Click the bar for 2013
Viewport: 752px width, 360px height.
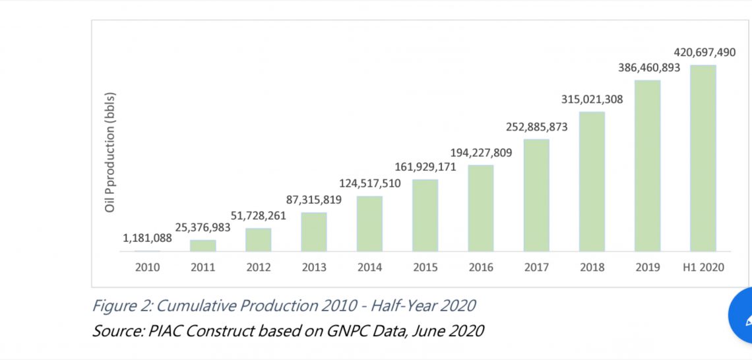(314, 231)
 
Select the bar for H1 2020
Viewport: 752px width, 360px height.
(703, 158)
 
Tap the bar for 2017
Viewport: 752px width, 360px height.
(536, 195)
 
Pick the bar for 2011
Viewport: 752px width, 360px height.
(203, 245)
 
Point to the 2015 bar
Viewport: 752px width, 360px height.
(425, 215)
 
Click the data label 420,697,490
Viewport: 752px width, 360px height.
(705, 52)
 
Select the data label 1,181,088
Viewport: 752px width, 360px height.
(147, 238)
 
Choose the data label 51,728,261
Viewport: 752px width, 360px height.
(258, 216)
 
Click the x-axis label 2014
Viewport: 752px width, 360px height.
(369, 268)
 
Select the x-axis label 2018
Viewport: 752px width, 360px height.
(592, 268)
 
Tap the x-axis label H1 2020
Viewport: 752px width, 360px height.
(703, 268)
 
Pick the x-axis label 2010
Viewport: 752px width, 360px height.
(147, 268)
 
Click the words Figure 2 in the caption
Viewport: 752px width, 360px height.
(119, 306)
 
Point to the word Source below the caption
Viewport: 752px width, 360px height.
(116, 330)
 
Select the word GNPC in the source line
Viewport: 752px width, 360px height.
(342, 330)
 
